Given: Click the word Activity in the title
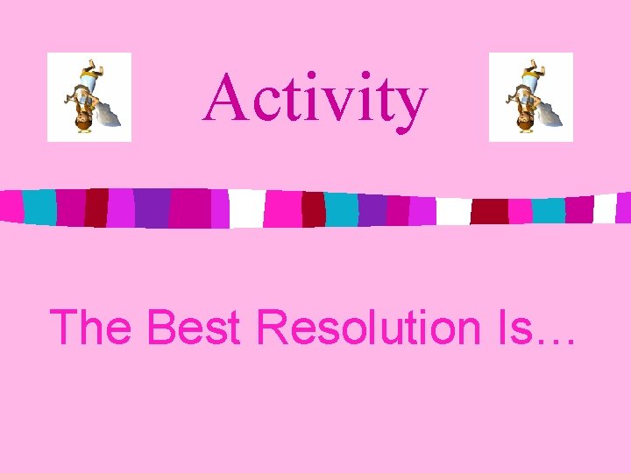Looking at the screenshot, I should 315,98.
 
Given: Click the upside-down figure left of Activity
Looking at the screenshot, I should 89,97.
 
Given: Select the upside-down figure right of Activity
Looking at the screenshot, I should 530,97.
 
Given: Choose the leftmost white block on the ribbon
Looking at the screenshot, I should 246,208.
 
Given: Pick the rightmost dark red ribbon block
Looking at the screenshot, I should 489,211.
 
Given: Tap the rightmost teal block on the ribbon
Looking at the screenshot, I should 549,210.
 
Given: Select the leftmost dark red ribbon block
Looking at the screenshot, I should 96,208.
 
